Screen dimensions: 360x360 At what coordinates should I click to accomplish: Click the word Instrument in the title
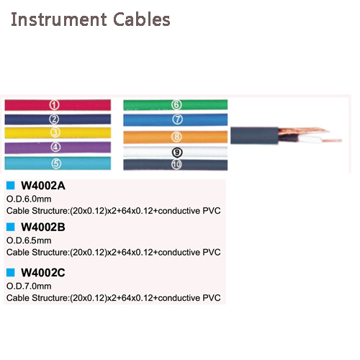tap(59, 19)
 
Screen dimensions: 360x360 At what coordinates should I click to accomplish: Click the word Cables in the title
tap(142, 19)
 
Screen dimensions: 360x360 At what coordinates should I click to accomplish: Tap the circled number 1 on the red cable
tap(55, 105)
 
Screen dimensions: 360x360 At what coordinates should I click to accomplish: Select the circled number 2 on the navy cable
tap(54, 119)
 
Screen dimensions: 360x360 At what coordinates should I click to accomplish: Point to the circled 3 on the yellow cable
tap(55, 132)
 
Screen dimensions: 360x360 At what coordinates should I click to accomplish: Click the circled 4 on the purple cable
tap(55, 147)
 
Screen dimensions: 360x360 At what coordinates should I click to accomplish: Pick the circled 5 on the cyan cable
tap(56, 163)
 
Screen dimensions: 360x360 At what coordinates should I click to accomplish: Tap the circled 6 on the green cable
tap(176, 104)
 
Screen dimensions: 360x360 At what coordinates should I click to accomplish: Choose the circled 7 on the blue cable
tap(177, 120)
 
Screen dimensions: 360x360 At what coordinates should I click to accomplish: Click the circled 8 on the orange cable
tap(176, 137)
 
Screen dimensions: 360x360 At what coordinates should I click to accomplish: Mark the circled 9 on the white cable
tap(177, 153)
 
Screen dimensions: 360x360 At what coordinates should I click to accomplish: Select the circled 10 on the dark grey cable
tap(176, 164)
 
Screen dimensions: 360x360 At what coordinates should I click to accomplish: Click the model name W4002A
tap(43, 186)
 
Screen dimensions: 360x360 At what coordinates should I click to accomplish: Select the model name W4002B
tap(43, 227)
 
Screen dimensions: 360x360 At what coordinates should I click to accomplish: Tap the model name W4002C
tap(43, 273)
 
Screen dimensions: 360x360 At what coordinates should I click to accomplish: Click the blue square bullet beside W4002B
tap(11, 227)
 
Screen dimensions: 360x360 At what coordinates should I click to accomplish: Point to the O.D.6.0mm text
tap(29, 199)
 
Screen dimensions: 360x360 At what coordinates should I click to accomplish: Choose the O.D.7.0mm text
tap(29, 286)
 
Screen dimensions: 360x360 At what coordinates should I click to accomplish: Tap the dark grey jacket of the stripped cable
tap(254, 135)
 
